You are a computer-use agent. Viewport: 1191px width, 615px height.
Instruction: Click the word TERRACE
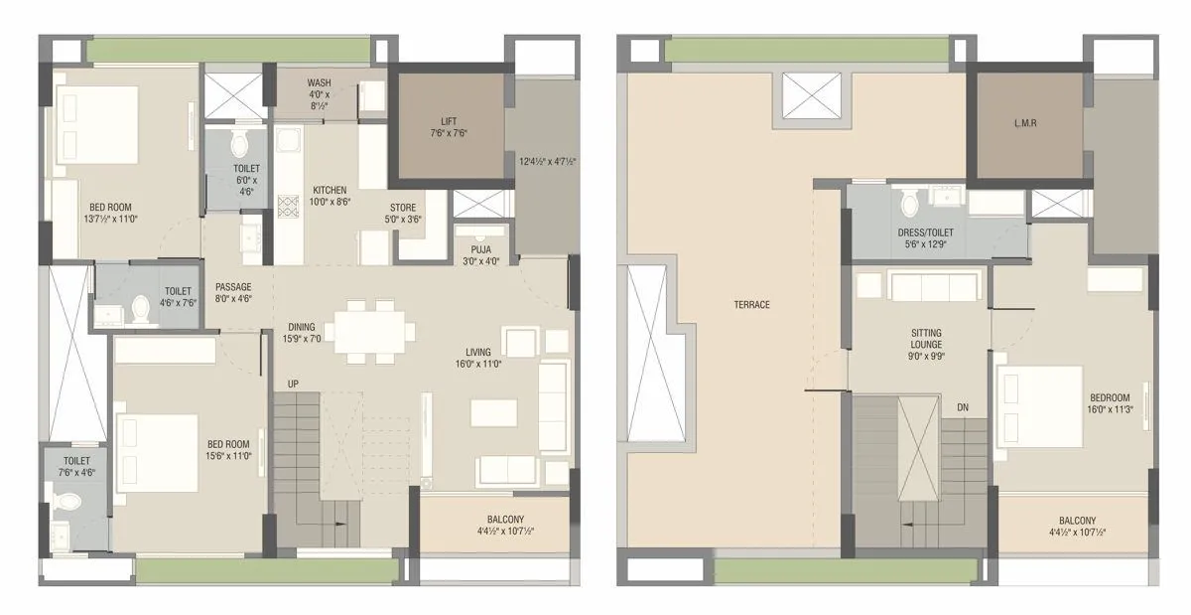click(750, 304)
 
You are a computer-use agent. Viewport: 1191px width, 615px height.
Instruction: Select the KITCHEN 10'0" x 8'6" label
click(330, 195)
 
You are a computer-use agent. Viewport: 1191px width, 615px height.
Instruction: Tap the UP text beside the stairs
click(293, 383)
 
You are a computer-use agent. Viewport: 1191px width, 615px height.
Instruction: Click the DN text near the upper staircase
click(963, 407)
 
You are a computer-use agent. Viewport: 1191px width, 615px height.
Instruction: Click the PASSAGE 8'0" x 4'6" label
click(233, 292)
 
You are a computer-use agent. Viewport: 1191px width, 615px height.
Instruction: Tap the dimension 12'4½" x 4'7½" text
click(548, 161)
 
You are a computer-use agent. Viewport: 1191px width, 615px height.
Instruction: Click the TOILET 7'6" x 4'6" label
click(76, 466)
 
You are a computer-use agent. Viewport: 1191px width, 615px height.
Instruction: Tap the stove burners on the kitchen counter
click(288, 208)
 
